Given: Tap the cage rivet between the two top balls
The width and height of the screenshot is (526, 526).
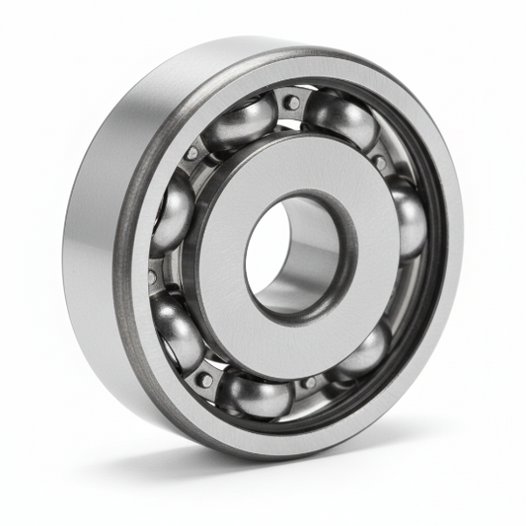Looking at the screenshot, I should click(x=292, y=102).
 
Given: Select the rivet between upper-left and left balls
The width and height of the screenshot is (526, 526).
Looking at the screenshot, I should click(x=191, y=154).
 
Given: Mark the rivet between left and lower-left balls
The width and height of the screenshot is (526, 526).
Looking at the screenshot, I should click(x=152, y=277).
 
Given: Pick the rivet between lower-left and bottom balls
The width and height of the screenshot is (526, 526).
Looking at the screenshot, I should click(x=204, y=378).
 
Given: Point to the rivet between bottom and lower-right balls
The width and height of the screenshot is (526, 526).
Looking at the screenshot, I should click(x=309, y=382).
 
